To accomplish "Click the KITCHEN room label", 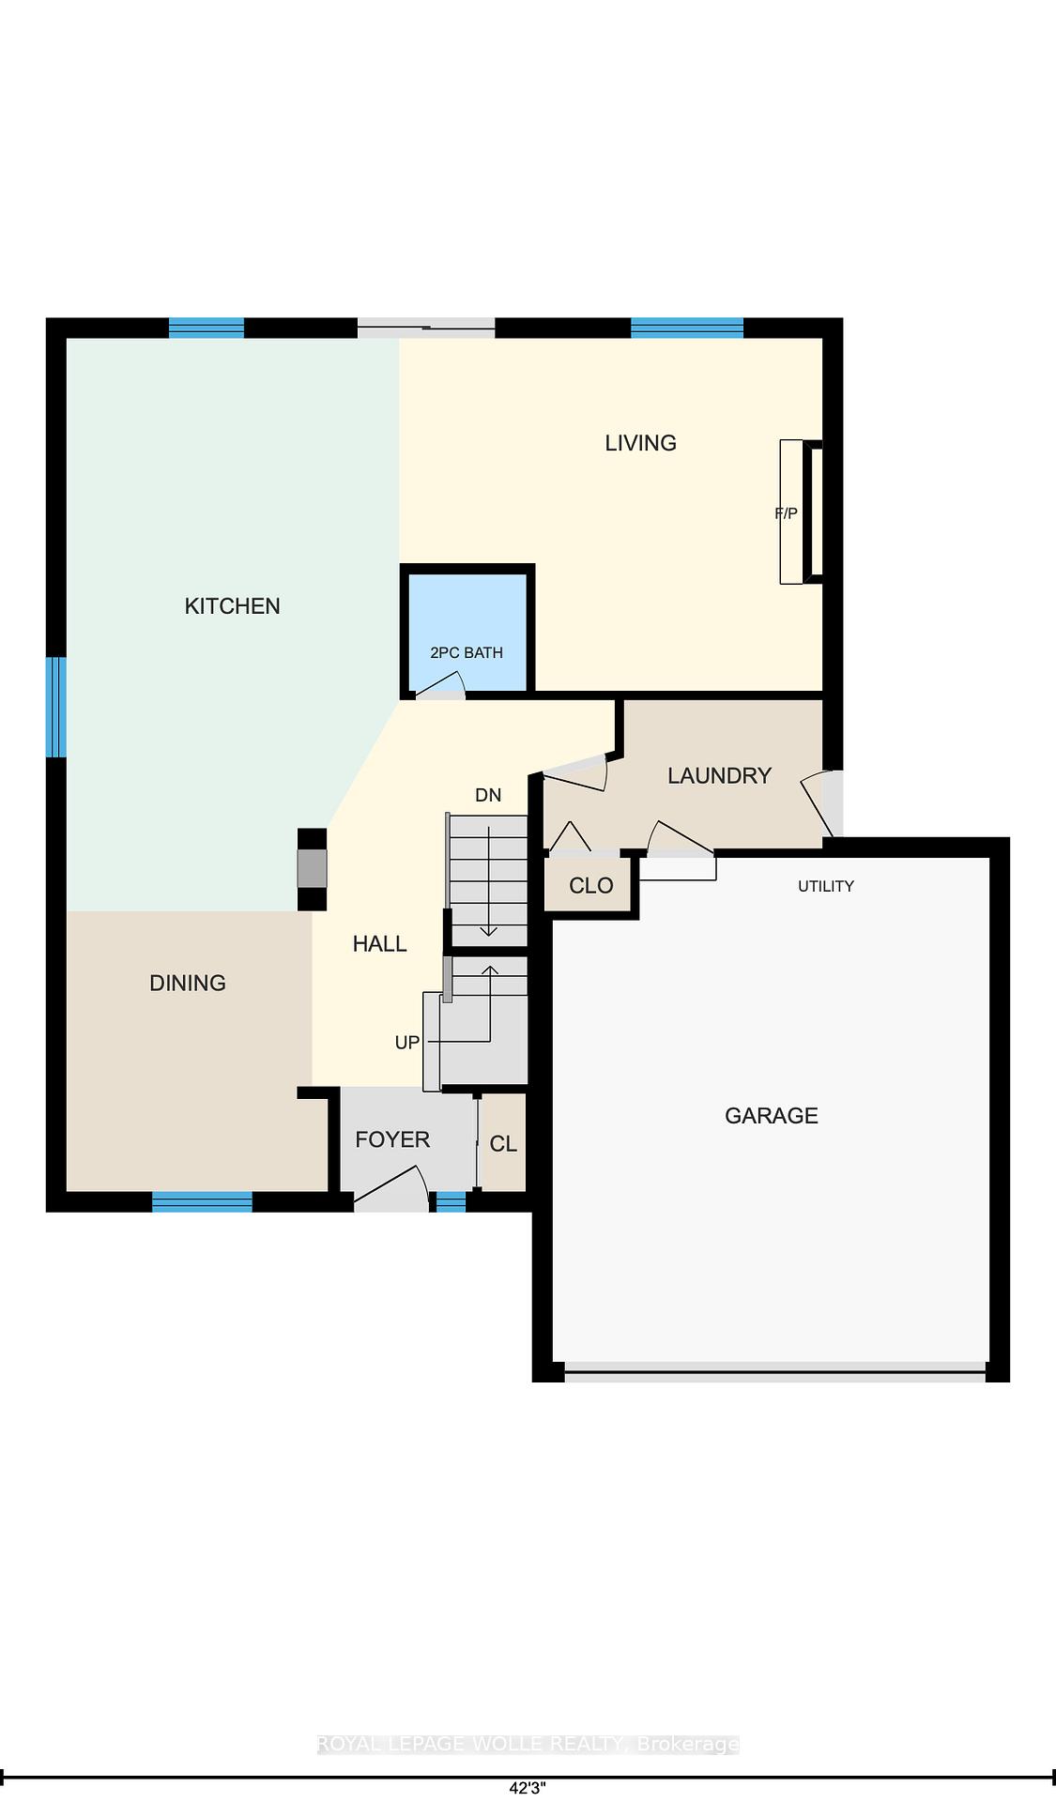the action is [232, 606].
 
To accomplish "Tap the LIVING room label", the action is [640, 443].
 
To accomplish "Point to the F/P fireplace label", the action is [786, 513].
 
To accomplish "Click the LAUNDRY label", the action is [719, 775].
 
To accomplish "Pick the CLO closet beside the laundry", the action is [591, 885].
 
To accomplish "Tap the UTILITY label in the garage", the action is [826, 886].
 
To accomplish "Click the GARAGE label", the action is [772, 1116].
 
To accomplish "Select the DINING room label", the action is [188, 983].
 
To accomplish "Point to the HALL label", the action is [379, 944].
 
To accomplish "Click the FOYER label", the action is [392, 1139].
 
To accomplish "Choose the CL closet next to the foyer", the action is [503, 1143].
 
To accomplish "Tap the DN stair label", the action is [488, 796].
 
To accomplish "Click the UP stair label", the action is [407, 1043].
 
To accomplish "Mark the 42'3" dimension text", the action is [528, 1789].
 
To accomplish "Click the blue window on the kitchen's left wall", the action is [57, 707].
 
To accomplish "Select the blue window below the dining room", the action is [202, 1201].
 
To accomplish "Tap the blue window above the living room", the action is [687, 328].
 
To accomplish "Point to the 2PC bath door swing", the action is [438, 687].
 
